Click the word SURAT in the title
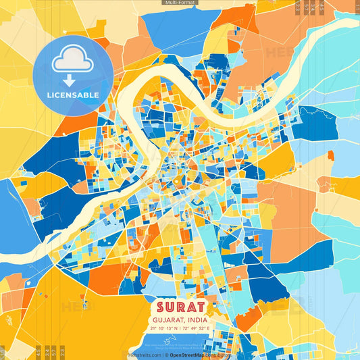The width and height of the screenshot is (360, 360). [180, 308]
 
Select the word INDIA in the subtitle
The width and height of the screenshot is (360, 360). [195, 320]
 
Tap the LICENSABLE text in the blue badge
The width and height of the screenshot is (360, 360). [73, 95]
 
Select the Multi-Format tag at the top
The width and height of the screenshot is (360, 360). [180, 3]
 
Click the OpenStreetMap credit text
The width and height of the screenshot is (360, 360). [188, 355]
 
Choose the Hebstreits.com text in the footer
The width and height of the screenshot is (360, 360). [144, 355]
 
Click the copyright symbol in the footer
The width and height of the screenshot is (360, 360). [166, 355]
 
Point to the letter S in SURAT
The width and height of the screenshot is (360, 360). [159, 308]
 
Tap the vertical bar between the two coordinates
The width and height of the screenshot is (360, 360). [180, 328]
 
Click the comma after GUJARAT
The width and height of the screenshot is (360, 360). [184, 322]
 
